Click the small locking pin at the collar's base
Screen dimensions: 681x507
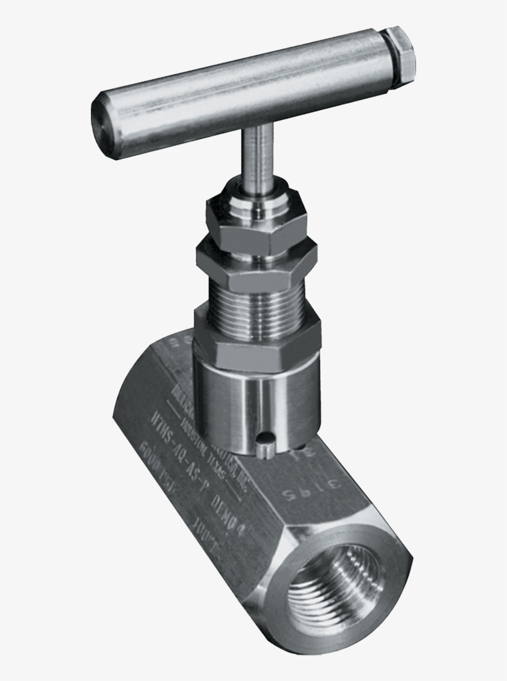point(265,445)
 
